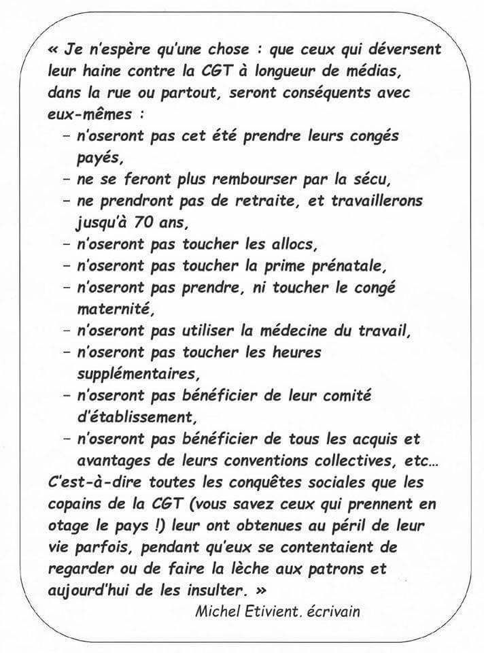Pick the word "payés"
pyautogui.click(x=97, y=157)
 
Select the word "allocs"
pyautogui.click(x=295, y=244)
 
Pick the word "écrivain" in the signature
pyautogui.click(x=334, y=611)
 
